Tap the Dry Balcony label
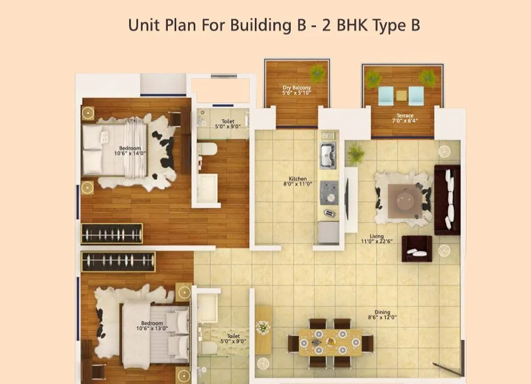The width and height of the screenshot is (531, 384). click(297, 90)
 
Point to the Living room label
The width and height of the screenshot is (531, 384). click(377, 239)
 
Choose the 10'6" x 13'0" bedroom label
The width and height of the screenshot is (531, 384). click(152, 326)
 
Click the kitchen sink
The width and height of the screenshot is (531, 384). click(328, 155)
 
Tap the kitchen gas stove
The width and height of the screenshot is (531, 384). click(328, 191)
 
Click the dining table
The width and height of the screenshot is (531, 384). click(329, 342)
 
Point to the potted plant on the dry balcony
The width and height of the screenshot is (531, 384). click(318, 74)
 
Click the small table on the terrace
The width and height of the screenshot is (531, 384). click(401, 95)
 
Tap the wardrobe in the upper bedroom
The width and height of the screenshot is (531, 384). click(112, 234)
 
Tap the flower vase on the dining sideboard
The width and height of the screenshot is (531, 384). click(262, 327)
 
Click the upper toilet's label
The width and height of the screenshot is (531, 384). click(228, 124)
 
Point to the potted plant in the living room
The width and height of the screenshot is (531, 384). click(355, 153)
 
